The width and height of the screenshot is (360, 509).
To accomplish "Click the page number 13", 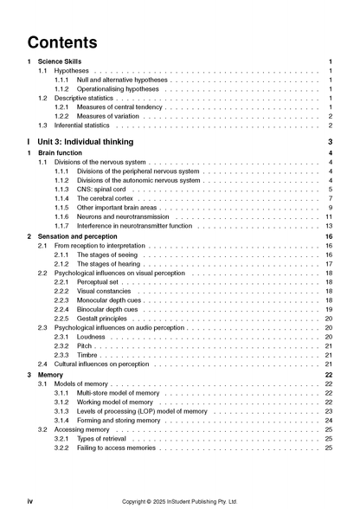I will point(329,226).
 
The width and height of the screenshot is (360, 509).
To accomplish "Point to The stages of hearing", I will point(109,264).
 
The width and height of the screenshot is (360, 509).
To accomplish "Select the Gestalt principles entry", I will point(102,319).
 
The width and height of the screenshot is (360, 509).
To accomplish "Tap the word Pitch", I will point(85,346).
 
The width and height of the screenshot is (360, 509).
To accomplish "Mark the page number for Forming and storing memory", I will point(329,420).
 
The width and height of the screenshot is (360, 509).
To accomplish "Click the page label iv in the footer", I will point(30,500).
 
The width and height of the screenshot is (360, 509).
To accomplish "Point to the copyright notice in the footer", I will point(180,500).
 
